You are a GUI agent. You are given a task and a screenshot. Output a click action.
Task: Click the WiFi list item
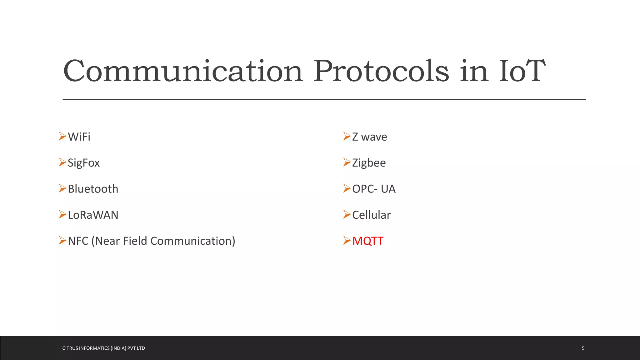tap(79, 137)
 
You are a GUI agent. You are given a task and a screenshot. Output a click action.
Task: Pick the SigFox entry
tap(84, 163)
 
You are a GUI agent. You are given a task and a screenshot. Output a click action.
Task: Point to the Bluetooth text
tap(93, 189)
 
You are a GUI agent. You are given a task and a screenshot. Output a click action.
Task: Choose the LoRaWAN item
tap(93, 215)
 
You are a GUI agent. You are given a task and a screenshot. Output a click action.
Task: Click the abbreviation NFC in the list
tap(78, 241)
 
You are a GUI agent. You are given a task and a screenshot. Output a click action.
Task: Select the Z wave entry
tap(369, 137)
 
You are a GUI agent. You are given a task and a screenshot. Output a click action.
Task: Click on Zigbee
tap(369, 163)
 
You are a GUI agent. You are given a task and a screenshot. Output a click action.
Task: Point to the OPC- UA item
tap(374, 189)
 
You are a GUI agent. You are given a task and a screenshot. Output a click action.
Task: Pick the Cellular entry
tap(371, 215)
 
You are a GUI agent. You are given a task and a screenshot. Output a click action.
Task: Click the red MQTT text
tap(367, 241)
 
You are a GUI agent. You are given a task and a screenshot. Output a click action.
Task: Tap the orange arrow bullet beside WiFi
tap(62, 136)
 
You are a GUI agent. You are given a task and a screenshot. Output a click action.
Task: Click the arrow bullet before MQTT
tap(347, 240)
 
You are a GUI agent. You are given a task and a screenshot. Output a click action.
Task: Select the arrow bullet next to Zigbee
tap(347, 162)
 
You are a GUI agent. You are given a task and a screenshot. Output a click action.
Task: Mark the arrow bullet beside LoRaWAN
tap(62, 214)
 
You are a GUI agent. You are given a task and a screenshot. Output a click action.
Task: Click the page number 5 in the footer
tap(583, 348)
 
